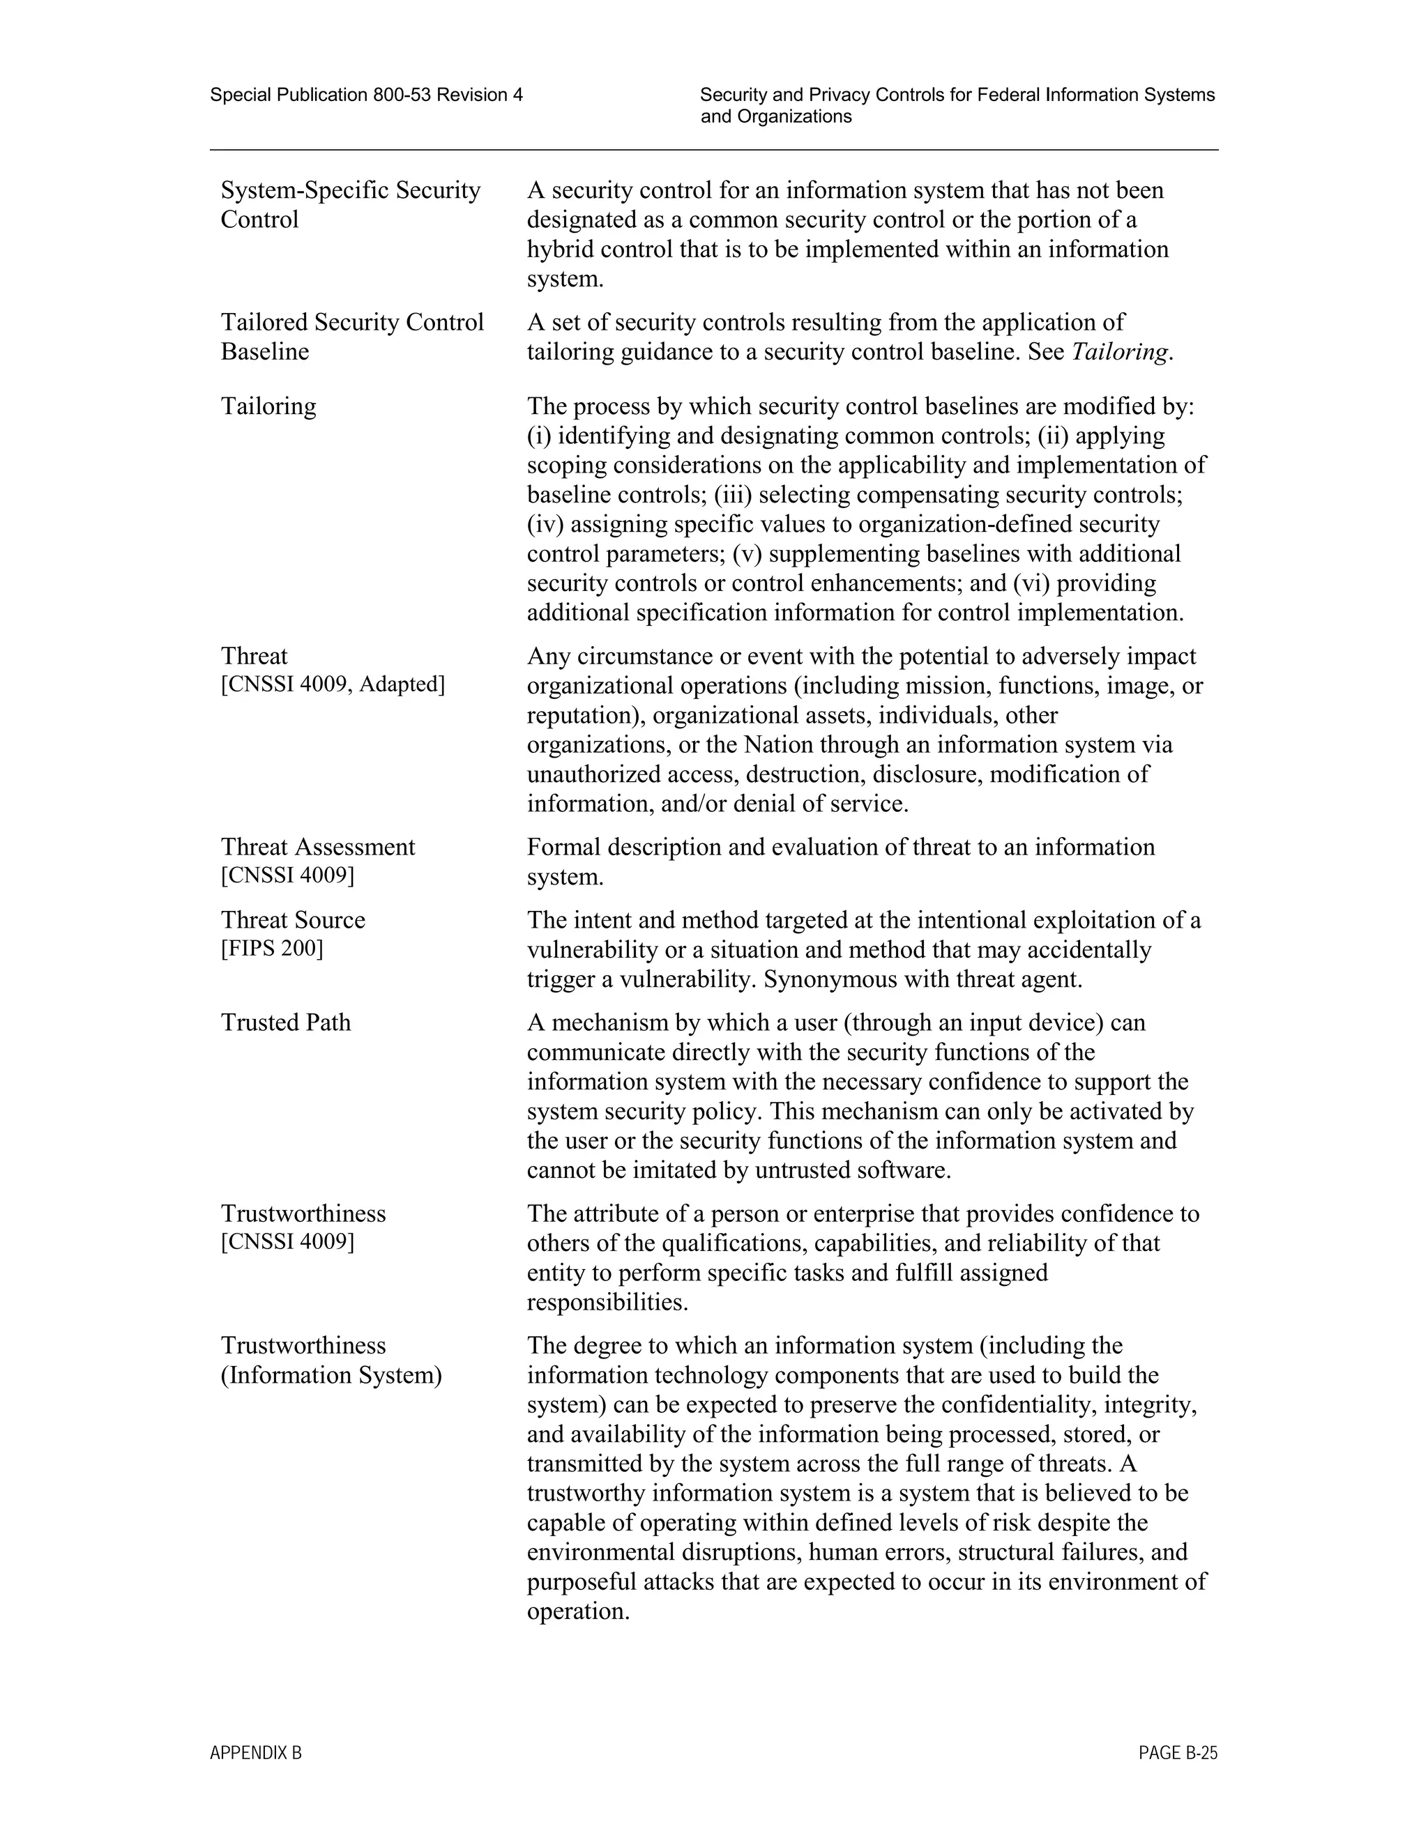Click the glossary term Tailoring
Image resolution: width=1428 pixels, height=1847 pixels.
point(268,407)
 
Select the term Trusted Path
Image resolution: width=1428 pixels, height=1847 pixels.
point(285,1022)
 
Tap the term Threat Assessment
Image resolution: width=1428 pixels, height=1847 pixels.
point(317,848)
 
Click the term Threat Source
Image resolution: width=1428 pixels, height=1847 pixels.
point(293,920)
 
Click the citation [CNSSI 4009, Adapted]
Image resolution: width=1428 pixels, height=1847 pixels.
point(333,684)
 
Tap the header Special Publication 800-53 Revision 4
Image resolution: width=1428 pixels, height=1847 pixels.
point(366,95)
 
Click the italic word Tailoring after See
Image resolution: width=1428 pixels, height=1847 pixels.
point(1119,352)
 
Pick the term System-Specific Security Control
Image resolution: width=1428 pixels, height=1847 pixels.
point(350,205)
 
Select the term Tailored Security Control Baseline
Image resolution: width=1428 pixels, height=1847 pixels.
point(352,337)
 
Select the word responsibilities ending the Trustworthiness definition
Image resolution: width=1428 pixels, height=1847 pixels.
point(607,1303)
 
